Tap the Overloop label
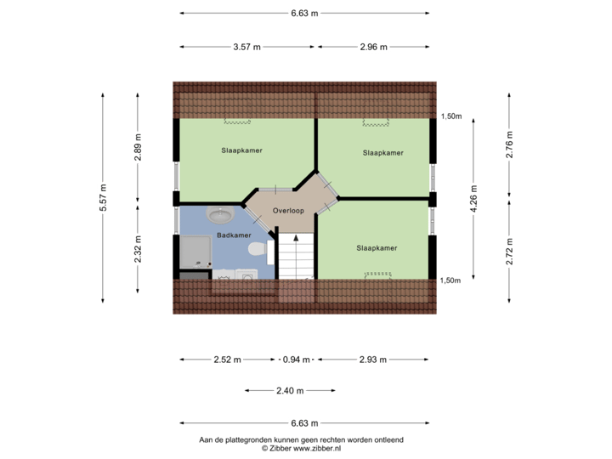(289, 210)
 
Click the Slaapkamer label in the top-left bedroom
(242, 150)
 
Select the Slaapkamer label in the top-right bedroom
(382, 153)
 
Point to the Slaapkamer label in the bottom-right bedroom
(377, 248)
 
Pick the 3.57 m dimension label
(246, 47)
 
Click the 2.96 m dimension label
(373, 47)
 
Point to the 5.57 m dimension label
(104, 198)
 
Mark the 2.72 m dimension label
(509, 251)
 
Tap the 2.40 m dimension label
(289, 391)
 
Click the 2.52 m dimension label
(227, 360)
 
